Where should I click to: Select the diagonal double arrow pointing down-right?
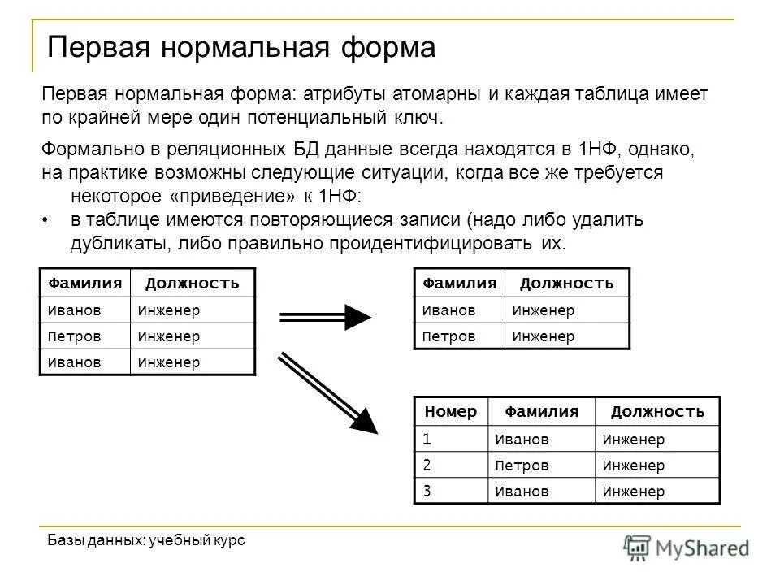[x=329, y=394]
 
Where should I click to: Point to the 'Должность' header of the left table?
[x=193, y=283]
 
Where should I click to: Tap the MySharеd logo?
[x=687, y=547]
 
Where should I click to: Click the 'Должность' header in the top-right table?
[x=566, y=283]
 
